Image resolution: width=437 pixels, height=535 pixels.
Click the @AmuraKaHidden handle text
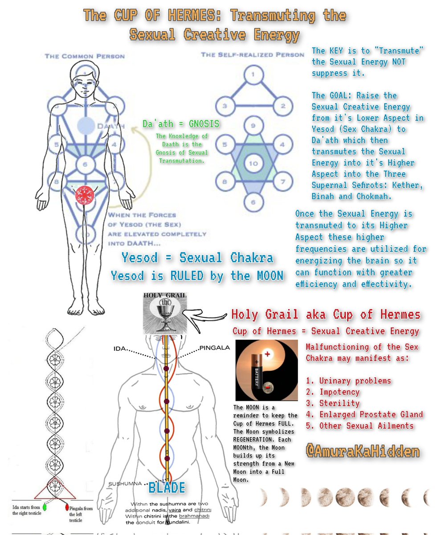coord(362,451)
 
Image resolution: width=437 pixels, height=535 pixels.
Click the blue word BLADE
coord(167,487)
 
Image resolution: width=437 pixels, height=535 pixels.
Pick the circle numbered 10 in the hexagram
coord(253,163)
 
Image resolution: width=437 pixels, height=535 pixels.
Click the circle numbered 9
coord(253,126)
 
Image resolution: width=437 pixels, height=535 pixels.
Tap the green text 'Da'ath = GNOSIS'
coord(174,123)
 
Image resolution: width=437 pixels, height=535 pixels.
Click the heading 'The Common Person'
coord(84,56)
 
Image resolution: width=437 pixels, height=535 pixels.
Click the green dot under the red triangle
coord(45,507)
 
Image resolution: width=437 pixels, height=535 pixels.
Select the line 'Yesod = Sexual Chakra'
coord(197,258)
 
